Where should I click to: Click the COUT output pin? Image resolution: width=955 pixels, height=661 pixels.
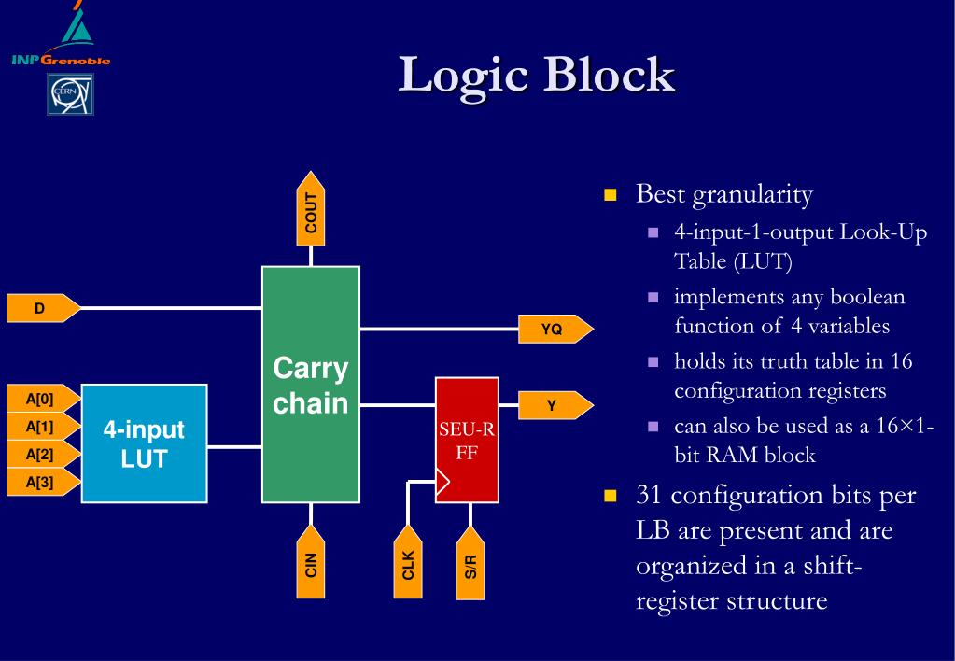[x=311, y=210]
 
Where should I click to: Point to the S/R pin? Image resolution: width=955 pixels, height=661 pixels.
[x=470, y=563]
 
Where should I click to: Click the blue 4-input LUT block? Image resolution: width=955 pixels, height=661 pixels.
[x=144, y=443]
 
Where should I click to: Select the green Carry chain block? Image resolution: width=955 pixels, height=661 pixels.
[x=311, y=385]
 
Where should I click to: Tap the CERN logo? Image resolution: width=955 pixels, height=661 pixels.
[x=69, y=95]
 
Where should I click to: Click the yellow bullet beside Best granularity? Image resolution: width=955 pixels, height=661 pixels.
[x=611, y=195]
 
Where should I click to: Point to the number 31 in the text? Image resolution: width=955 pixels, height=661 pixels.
[x=649, y=495]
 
